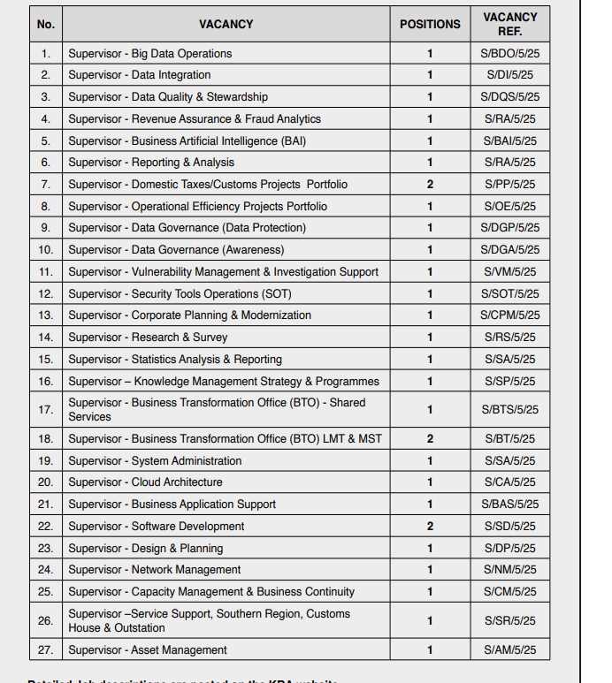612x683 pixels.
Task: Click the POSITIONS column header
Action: (x=430, y=25)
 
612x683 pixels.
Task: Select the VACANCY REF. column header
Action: (x=510, y=24)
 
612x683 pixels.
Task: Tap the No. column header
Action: (x=46, y=25)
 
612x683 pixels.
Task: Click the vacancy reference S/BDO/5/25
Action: (x=510, y=54)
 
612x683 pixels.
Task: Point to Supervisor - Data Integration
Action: (x=140, y=75)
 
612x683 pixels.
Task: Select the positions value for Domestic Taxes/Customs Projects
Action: (x=430, y=185)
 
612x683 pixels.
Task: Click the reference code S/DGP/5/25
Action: (x=510, y=228)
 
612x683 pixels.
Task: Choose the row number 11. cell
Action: (x=46, y=272)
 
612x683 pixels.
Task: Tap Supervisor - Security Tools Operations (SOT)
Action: (x=180, y=293)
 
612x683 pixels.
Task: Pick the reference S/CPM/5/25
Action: (x=510, y=315)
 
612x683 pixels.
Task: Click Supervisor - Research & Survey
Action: (x=148, y=338)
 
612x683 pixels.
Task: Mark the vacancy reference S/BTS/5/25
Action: (x=510, y=410)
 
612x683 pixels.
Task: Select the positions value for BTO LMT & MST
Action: (x=430, y=439)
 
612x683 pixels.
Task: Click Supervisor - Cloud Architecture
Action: (x=145, y=482)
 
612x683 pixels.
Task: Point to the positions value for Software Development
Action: (x=430, y=527)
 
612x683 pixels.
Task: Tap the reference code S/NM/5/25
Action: (x=510, y=570)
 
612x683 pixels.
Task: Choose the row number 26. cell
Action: (x=46, y=621)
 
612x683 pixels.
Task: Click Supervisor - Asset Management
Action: (x=148, y=650)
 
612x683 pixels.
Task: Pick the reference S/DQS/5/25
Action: (x=510, y=97)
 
